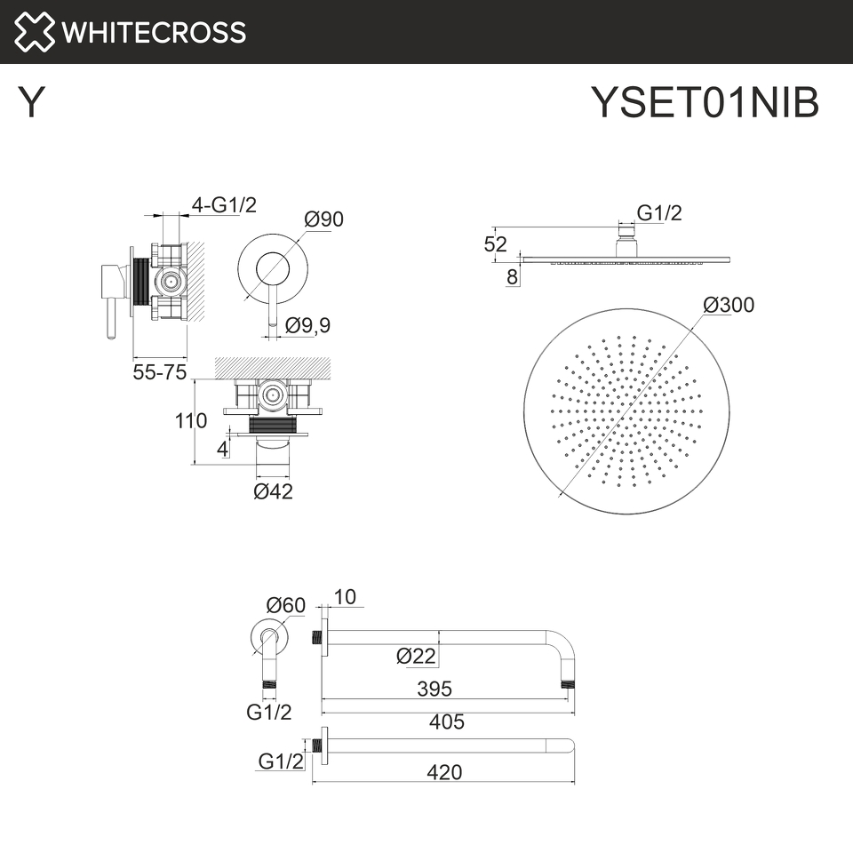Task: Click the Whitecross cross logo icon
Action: [x=34, y=32]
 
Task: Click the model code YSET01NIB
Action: [x=705, y=102]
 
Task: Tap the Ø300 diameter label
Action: [x=729, y=305]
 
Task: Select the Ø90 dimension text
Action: [x=323, y=219]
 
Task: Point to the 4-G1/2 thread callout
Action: [x=224, y=205]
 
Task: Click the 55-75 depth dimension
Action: [x=159, y=372]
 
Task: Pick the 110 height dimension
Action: [x=191, y=420]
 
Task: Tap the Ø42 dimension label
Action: [x=273, y=491]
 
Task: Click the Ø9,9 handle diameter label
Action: [x=308, y=325]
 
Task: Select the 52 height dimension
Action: [x=496, y=244]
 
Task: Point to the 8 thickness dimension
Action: [x=513, y=277]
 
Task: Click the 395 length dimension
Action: [x=434, y=689]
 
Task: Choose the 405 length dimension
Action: [x=447, y=721]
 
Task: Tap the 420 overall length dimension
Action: [x=444, y=772]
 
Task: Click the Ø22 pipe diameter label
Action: [x=416, y=656]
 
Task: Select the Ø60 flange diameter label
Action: [x=285, y=605]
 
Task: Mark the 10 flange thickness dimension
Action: [x=345, y=597]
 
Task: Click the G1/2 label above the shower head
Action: [x=659, y=212]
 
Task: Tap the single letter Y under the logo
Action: [x=31, y=102]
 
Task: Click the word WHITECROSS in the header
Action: [x=154, y=32]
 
